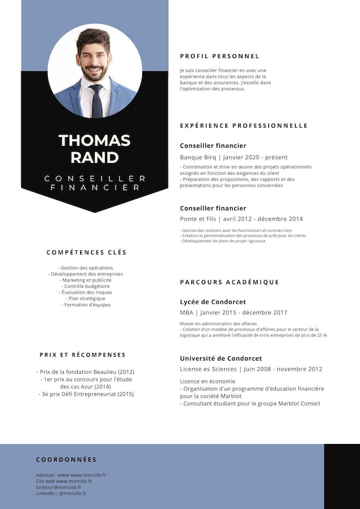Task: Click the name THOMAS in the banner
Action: click(x=95, y=140)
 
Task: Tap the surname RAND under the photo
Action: click(x=95, y=157)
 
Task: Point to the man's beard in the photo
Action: click(x=94, y=71)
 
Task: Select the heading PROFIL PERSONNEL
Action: click(x=219, y=56)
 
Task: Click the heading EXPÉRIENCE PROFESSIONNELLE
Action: click(x=244, y=126)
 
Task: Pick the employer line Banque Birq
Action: click(x=234, y=157)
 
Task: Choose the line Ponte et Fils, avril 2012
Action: click(x=241, y=219)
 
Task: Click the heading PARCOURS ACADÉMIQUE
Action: click(x=229, y=282)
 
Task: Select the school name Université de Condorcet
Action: click(x=221, y=358)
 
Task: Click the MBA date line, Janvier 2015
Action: click(x=234, y=313)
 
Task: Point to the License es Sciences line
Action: click(x=251, y=369)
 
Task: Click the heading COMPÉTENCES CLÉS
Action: click(x=87, y=253)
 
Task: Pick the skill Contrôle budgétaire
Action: click(x=87, y=286)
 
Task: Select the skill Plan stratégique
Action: click(x=87, y=299)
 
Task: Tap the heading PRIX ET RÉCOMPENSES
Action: click(x=83, y=355)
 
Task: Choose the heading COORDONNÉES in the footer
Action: click(x=66, y=460)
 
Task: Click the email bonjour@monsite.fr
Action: click(x=58, y=488)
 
